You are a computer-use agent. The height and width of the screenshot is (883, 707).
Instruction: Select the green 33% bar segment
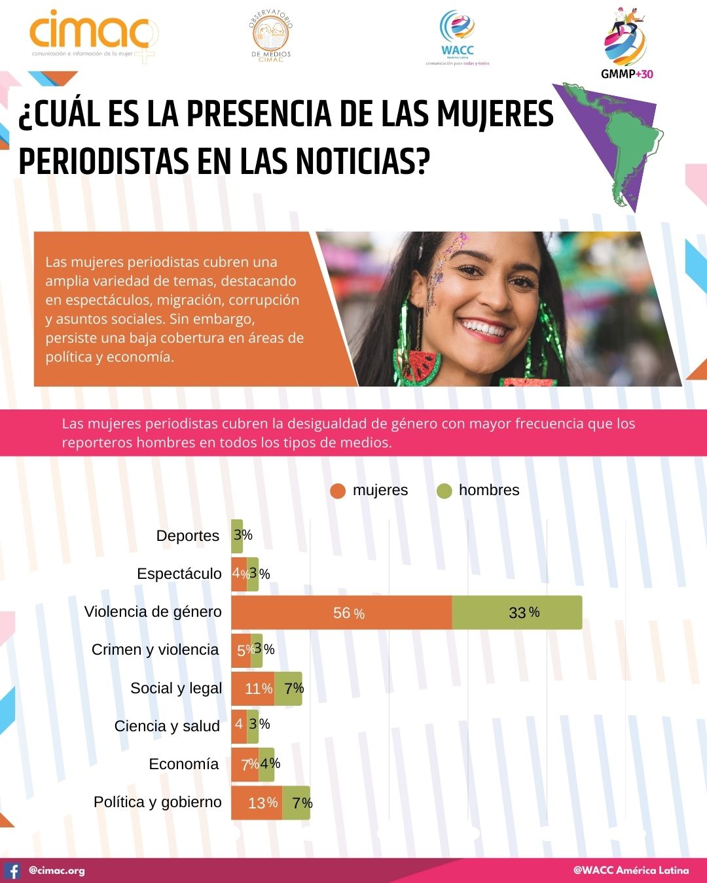coord(517,613)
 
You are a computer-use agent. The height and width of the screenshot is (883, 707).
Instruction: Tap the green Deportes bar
coord(236,536)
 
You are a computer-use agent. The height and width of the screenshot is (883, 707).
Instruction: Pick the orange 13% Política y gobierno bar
coord(256,803)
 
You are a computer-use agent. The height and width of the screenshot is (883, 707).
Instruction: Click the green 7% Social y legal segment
coord(289,689)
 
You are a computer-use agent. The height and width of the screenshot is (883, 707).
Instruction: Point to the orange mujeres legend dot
coord(338,491)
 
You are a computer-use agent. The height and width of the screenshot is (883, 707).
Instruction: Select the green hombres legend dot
coord(444,491)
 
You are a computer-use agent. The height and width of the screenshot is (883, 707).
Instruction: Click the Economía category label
coord(184,764)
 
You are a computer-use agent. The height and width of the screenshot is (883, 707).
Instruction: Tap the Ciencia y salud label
coord(167,726)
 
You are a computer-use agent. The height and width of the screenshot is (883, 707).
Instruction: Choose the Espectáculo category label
coord(179,574)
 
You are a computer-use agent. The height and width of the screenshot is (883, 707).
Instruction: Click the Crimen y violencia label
coord(155,649)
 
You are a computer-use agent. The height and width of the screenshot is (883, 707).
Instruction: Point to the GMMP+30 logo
coord(626,43)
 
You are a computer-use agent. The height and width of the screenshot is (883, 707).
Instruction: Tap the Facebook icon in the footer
coord(12,871)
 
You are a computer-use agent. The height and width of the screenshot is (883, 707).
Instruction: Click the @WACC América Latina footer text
coord(631,871)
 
